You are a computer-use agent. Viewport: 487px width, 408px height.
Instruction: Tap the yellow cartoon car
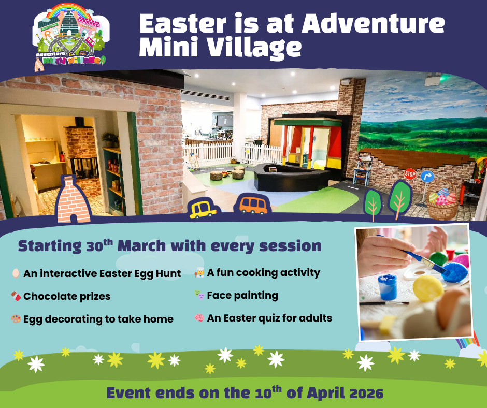tap(203, 209)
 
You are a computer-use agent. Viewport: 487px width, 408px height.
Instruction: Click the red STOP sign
tap(410, 174)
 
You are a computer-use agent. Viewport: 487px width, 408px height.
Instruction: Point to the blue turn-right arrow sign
tap(427, 177)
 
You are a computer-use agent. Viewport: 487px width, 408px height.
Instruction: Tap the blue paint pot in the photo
tap(388, 287)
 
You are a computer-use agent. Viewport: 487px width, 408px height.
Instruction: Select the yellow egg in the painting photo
tap(428, 288)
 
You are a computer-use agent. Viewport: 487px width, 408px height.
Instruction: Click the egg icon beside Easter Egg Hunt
tap(16, 273)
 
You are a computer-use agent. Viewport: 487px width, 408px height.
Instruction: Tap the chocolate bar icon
tap(16, 296)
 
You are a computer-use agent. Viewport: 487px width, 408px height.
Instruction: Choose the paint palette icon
tap(16, 319)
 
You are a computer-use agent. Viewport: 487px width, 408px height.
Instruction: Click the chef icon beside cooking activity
tap(199, 272)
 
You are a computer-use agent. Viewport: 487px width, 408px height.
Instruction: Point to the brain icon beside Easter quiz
tap(199, 317)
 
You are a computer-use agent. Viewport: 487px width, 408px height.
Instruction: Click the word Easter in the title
tap(183, 24)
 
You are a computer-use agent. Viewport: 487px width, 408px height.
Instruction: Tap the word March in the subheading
tap(141, 246)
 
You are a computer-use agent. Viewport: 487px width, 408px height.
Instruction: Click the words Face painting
tap(242, 296)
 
